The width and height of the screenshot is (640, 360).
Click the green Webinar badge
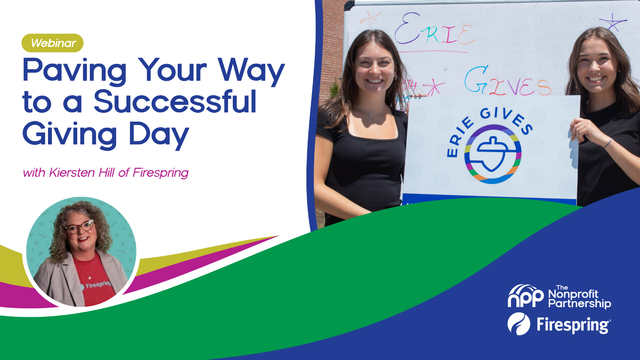point(52,43)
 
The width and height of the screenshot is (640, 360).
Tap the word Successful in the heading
point(175,102)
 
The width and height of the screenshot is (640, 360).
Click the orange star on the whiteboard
point(370,19)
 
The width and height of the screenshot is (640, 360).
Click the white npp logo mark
point(526,296)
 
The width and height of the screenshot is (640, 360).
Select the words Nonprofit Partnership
point(580,299)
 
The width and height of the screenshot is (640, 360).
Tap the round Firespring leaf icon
point(518,324)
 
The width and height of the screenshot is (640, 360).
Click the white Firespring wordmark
point(574,325)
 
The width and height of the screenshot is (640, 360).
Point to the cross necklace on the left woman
point(370,114)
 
